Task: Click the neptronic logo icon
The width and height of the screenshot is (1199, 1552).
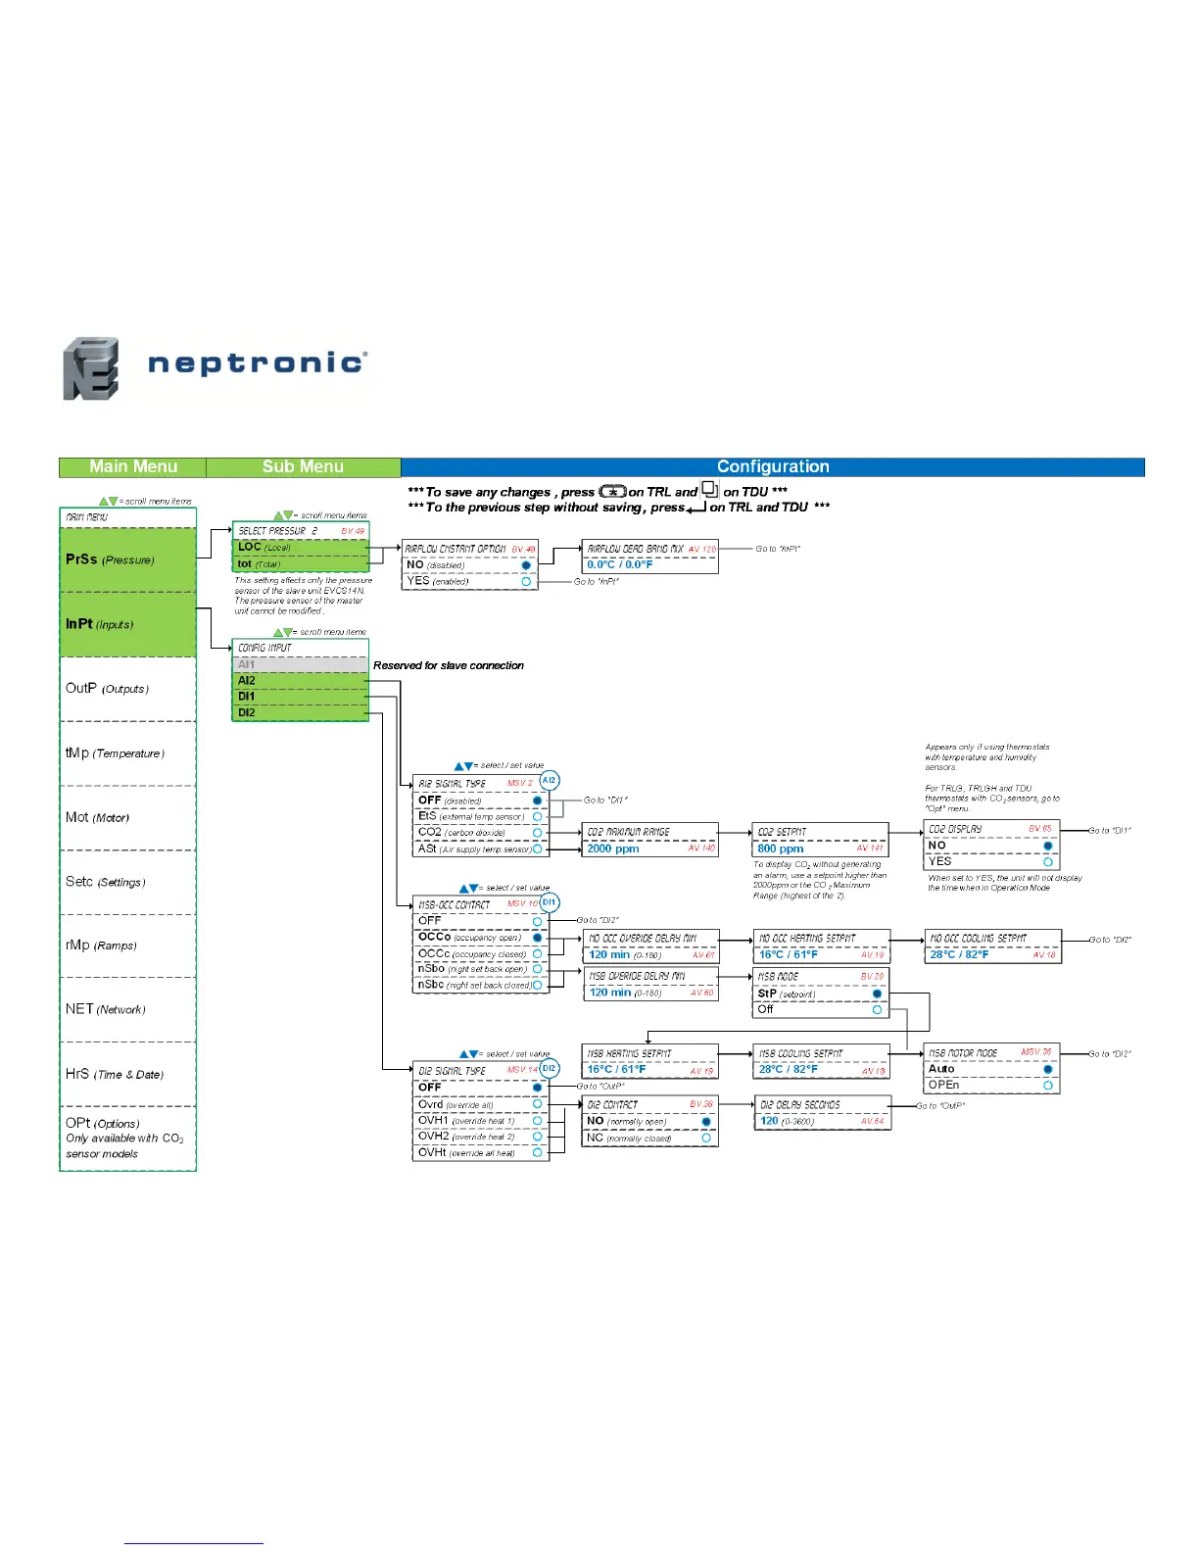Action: pyautogui.click(x=91, y=368)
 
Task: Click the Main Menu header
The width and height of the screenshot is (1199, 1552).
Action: pyautogui.click(x=133, y=467)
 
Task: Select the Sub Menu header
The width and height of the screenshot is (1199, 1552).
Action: pyautogui.click(x=303, y=467)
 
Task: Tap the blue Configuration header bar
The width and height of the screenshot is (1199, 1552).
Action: pyautogui.click(x=773, y=467)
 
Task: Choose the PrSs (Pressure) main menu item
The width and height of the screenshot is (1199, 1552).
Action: pyautogui.click(x=110, y=559)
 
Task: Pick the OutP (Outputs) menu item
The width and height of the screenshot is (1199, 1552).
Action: pyautogui.click(x=107, y=689)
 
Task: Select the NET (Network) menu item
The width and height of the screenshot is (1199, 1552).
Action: pyautogui.click(x=105, y=1009)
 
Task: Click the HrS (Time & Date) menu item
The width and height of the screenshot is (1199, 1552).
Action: pyautogui.click(x=114, y=1074)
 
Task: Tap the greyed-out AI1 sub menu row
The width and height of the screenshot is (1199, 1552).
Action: pyautogui.click(x=300, y=664)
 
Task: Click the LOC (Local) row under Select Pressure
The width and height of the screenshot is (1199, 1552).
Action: pyautogui.click(x=300, y=547)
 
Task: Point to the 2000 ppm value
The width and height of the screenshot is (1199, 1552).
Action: pyautogui.click(x=613, y=849)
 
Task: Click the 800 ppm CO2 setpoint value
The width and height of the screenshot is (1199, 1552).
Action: pyautogui.click(x=781, y=849)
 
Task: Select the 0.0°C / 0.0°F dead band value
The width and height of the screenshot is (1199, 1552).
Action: pyautogui.click(x=620, y=564)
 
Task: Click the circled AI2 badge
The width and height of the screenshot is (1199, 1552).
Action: pyautogui.click(x=550, y=780)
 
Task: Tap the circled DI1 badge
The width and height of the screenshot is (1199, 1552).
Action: pyautogui.click(x=550, y=902)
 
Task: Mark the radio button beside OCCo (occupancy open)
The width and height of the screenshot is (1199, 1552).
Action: pyautogui.click(x=537, y=938)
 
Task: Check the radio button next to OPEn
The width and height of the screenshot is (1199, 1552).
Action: pyautogui.click(x=1048, y=1086)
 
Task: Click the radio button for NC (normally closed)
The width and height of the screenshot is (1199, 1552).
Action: pyautogui.click(x=706, y=1138)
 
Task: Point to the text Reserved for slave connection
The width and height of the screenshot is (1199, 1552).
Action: pyautogui.click(x=449, y=665)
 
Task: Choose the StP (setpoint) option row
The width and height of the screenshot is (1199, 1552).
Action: pyautogui.click(x=819, y=994)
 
